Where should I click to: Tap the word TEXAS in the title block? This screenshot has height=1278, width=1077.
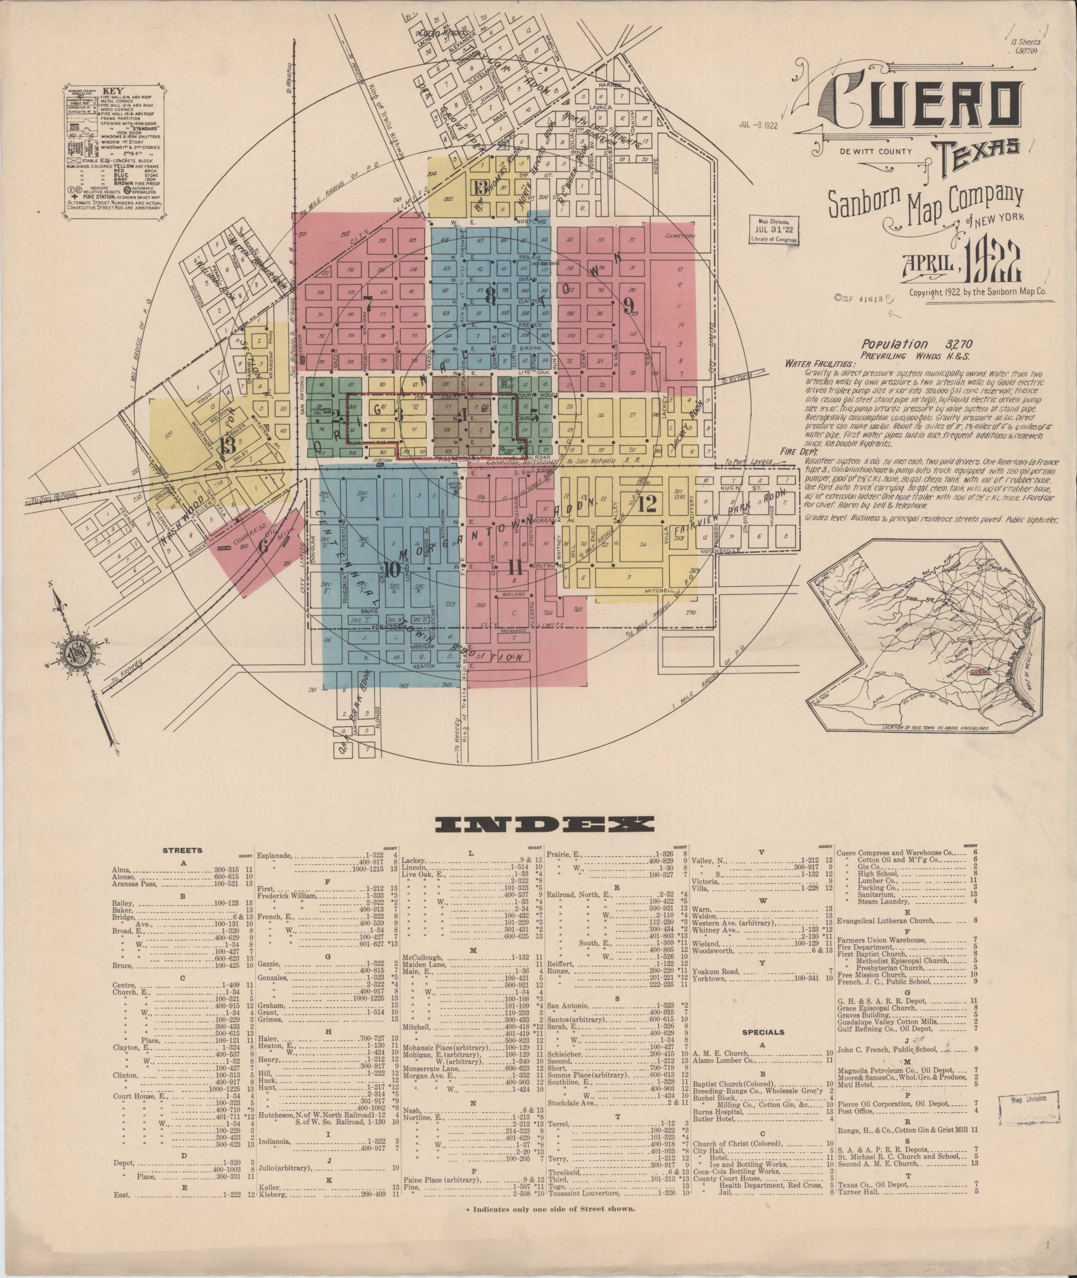click(x=974, y=148)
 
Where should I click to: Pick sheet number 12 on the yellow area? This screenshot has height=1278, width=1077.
click(x=647, y=504)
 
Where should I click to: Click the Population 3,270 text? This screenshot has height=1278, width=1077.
click(x=903, y=345)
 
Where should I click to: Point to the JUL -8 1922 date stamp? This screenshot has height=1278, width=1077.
click(x=758, y=125)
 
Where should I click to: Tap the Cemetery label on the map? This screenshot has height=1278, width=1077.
click(x=681, y=236)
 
